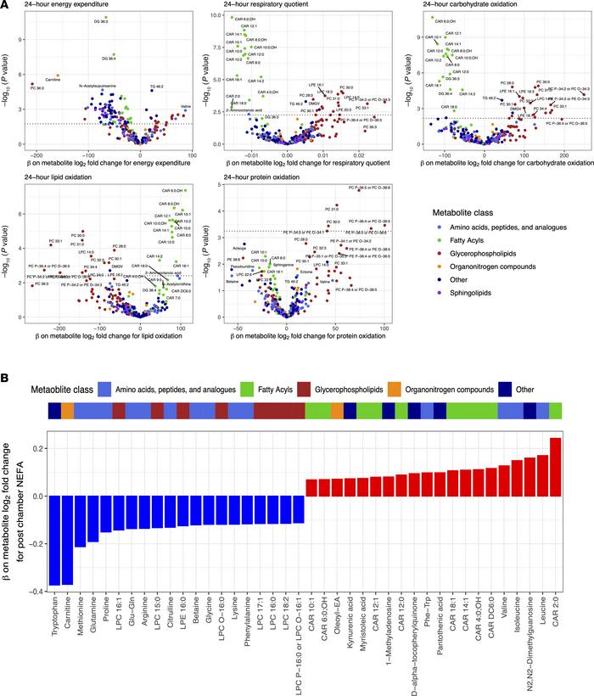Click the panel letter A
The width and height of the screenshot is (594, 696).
point(6,6)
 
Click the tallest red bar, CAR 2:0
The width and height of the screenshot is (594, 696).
point(555,466)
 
